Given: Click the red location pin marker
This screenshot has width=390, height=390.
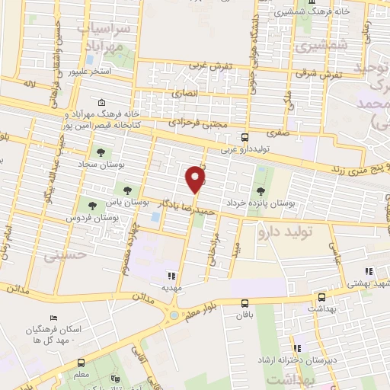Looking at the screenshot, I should [x=197, y=179].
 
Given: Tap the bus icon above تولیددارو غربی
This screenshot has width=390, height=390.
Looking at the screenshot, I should [x=244, y=138].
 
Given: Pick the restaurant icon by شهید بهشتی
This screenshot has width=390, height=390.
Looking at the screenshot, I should [x=369, y=271].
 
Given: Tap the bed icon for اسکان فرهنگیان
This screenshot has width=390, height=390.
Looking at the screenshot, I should [x=53, y=318].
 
